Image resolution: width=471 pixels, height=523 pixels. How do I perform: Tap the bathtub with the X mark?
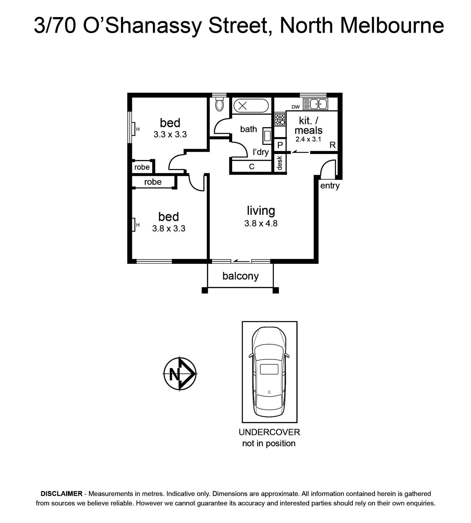point(251,106)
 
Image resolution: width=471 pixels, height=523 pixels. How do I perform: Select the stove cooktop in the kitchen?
point(280,119)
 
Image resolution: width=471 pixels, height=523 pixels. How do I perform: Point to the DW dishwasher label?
point(295,107)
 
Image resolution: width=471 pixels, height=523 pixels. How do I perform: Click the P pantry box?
point(280,145)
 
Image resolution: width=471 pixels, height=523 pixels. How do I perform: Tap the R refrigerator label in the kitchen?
point(333,145)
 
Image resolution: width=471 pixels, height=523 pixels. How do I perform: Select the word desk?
point(279,163)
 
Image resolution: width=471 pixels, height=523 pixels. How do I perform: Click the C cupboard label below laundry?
point(252,167)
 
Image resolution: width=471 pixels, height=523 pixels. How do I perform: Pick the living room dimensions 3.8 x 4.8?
point(261,224)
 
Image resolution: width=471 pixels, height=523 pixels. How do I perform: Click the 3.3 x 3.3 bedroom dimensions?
point(170,134)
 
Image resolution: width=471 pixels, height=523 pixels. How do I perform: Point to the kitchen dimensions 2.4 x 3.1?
point(308,139)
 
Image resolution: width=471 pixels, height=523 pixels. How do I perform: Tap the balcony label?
point(240,276)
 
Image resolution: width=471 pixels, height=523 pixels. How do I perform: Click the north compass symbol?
point(180,373)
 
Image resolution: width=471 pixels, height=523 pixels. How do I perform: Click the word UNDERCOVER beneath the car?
point(269,432)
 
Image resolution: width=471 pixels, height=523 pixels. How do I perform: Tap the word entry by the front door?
point(330,186)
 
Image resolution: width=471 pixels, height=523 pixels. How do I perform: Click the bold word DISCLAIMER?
point(61,494)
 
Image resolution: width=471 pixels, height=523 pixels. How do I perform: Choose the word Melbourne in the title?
point(392,25)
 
